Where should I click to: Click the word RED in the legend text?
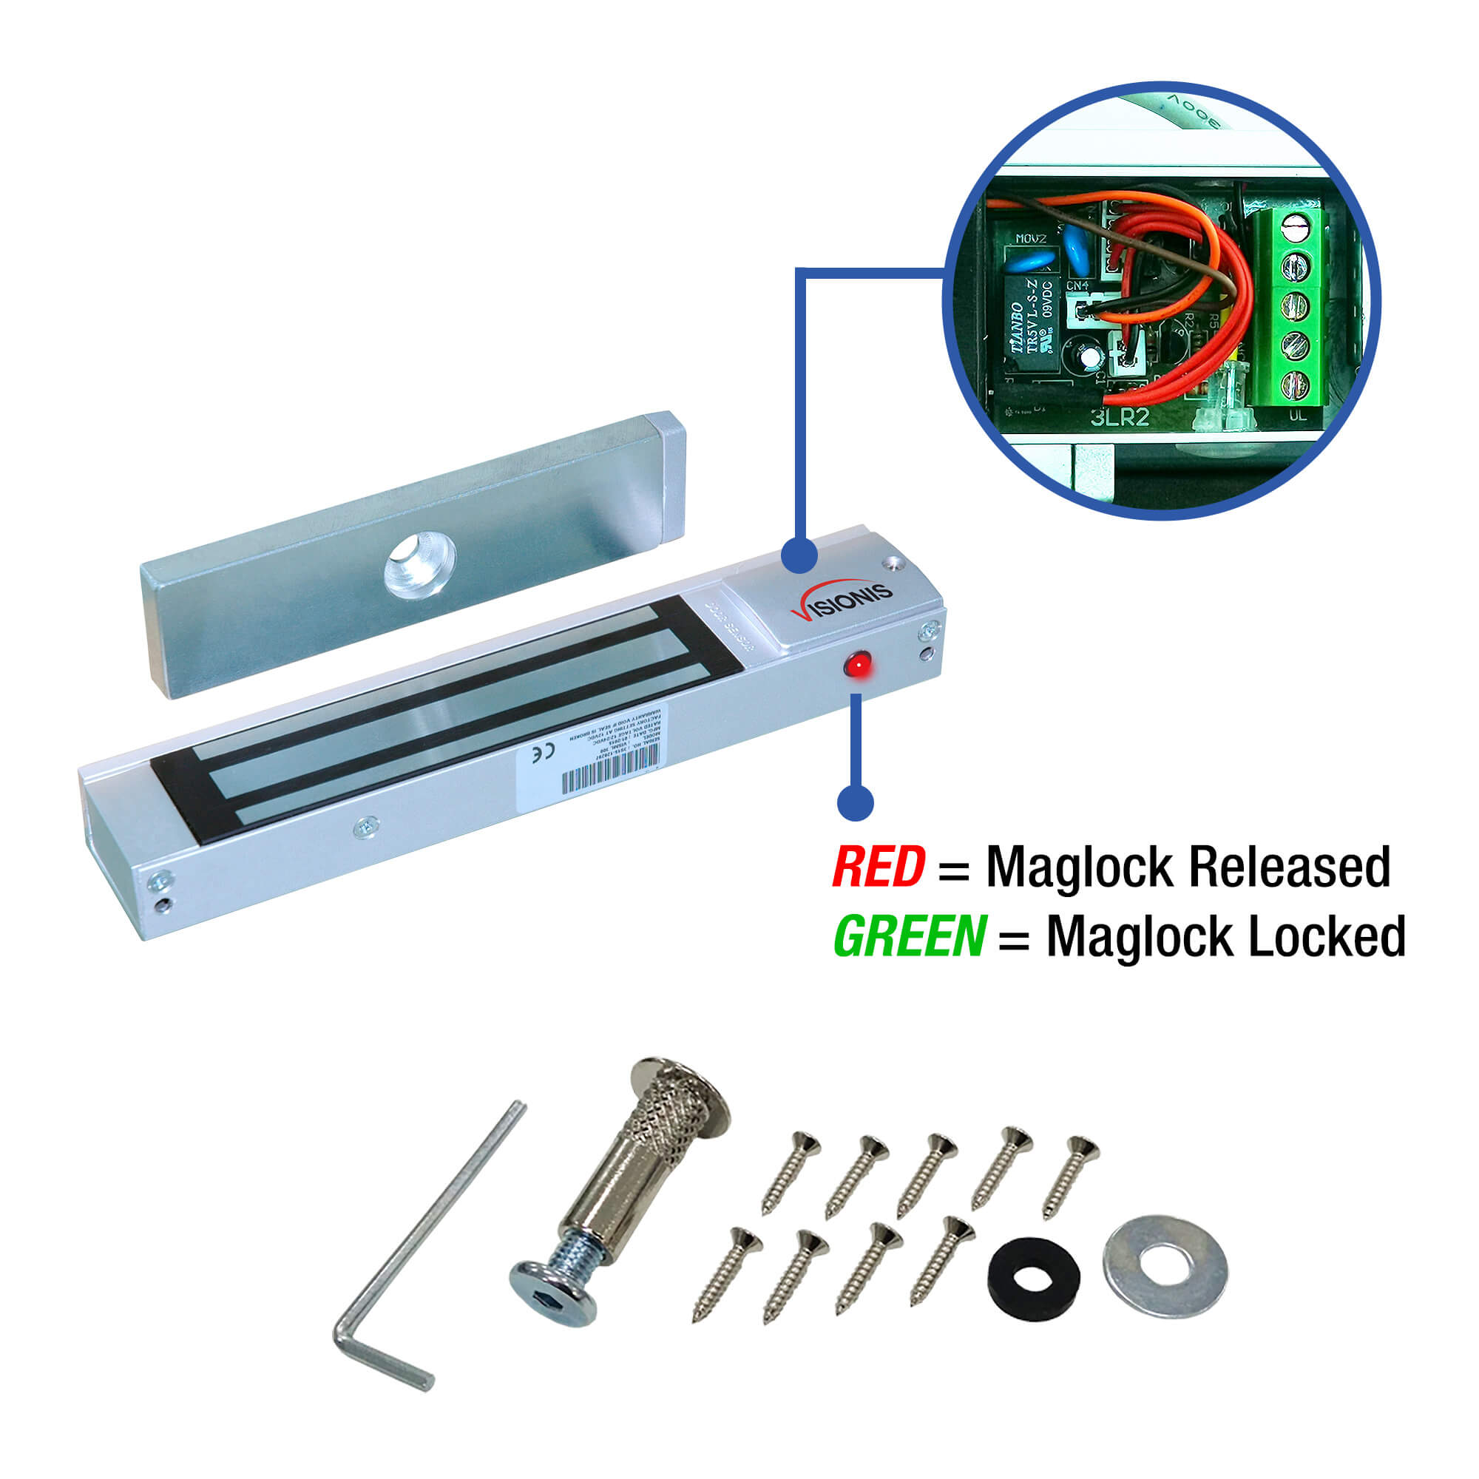(879, 867)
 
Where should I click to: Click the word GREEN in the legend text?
(910, 936)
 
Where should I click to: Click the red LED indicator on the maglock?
(857, 665)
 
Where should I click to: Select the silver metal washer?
(1165, 1265)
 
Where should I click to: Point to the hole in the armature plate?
(420, 564)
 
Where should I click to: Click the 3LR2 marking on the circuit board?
(1120, 417)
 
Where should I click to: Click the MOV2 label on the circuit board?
(1030, 239)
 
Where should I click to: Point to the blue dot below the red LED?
(855, 802)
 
